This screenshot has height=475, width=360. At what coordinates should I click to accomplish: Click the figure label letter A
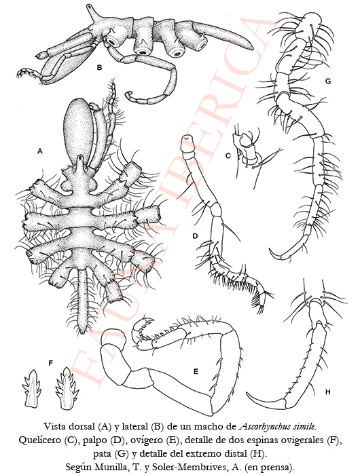pyautogui.click(x=39, y=151)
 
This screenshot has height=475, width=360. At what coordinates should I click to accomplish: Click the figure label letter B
pyautogui.click(x=99, y=68)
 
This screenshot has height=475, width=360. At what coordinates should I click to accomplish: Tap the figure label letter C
pyautogui.click(x=228, y=155)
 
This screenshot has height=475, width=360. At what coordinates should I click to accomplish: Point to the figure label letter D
pyautogui.click(x=195, y=235)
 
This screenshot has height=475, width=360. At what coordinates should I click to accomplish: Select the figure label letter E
pyautogui.click(x=196, y=370)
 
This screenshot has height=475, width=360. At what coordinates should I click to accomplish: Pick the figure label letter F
pyautogui.click(x=51, y=362)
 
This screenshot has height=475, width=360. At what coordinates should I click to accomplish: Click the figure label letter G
pyautogui.click(x=327, y=81)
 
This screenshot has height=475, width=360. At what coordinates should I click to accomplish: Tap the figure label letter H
pyautogui.click(x=327, y=392)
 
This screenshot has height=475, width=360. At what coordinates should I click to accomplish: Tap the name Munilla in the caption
pyautogui.click(x=115, y=467)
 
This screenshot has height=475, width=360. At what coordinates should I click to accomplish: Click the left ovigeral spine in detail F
pyautogui.click(x=32, y=387)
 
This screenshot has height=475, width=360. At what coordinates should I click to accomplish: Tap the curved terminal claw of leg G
pyautogui.click(x=276, y=255)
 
